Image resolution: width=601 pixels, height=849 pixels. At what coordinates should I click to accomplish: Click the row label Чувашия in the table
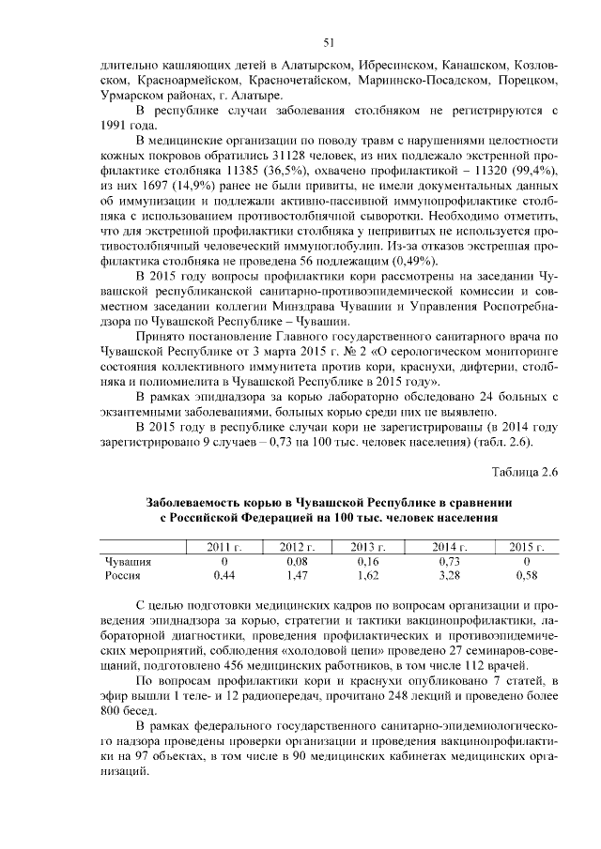[128, 560]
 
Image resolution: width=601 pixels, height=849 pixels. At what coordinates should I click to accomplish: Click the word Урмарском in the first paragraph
[132, 96]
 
